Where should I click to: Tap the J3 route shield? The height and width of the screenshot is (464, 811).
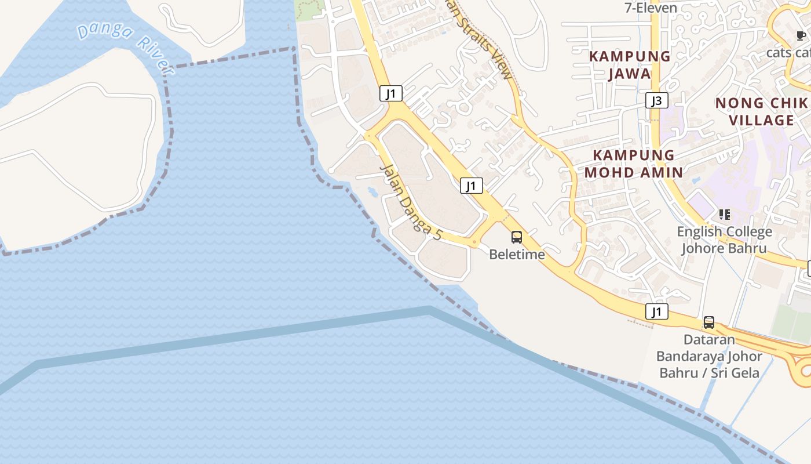pyautogui.click(x=657, y=100)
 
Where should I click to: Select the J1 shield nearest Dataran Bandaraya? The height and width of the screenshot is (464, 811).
pyautogui.click(x=657, y=311)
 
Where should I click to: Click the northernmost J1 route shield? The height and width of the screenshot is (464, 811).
pyautogui.click(x=391, y=93)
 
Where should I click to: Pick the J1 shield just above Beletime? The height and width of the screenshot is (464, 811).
pyautogui.click(x=472, y=186)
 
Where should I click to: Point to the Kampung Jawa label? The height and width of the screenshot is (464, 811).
pyautogui.click(x=630, y=65)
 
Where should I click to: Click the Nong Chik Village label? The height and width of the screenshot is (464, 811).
pyautogui.click(x=761, y=112)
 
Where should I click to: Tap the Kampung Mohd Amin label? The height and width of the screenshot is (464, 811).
pyautogui.click(x=634, y=164)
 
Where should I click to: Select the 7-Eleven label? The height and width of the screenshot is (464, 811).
pyautogui.click(x=651, y=8)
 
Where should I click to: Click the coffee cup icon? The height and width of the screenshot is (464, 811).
pyautogui.click(x=801, y=36)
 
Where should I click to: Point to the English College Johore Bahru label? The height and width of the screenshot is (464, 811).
pyautogui.click(x=724, y=240)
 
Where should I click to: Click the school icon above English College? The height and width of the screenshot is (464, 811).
pyautogui.click(x=724, y=215)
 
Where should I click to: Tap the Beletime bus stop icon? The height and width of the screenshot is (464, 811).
pyautogui.click(x=517, y=237)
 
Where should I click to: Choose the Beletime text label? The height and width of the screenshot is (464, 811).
pyautogui.click(x=517, y=254)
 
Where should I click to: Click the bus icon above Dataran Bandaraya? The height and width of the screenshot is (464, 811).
pyautogui.click(x=708, y=322)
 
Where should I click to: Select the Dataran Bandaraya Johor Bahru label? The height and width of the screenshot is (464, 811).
pyautogui.click(x=709, y=356)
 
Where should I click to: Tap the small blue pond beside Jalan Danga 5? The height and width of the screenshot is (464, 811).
pyautogui.click(x=371, y=190)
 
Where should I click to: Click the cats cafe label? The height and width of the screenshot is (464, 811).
pyautogui.click(x=788, y=52)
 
